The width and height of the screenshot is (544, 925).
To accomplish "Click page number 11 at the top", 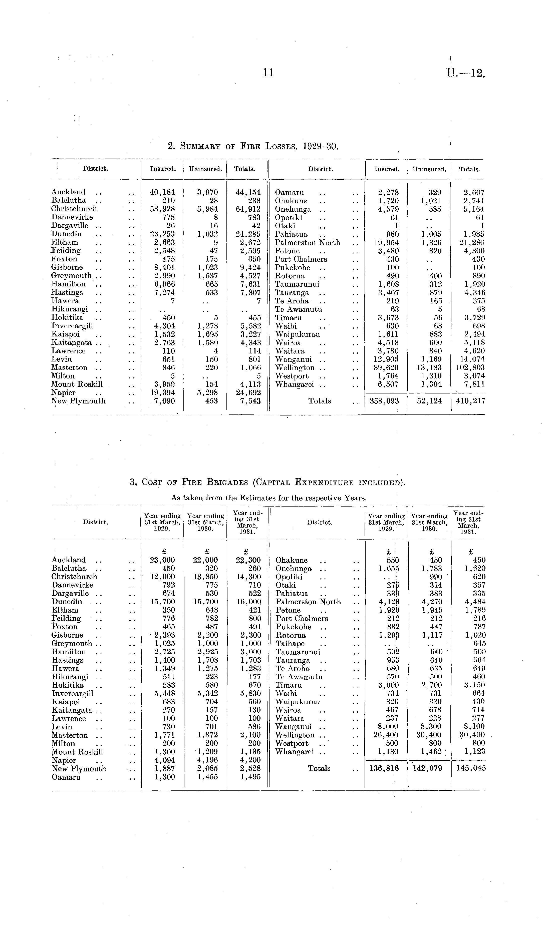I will click(268, 73).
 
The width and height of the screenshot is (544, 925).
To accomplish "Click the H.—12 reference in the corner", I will click(465, 73).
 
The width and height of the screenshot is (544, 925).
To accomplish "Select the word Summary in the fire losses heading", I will click(200, 147).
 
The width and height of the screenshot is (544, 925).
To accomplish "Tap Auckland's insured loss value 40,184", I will click(163, 192).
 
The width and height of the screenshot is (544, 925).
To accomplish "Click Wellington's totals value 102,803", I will click(470, 368).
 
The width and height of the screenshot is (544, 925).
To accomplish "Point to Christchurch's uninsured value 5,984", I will click(207, 209).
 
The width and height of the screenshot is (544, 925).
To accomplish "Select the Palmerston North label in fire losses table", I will click(308, 243).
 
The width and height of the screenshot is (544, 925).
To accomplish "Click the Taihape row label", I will click(290, 644).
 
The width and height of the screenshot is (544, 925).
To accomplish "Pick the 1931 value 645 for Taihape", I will click(478, 644).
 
